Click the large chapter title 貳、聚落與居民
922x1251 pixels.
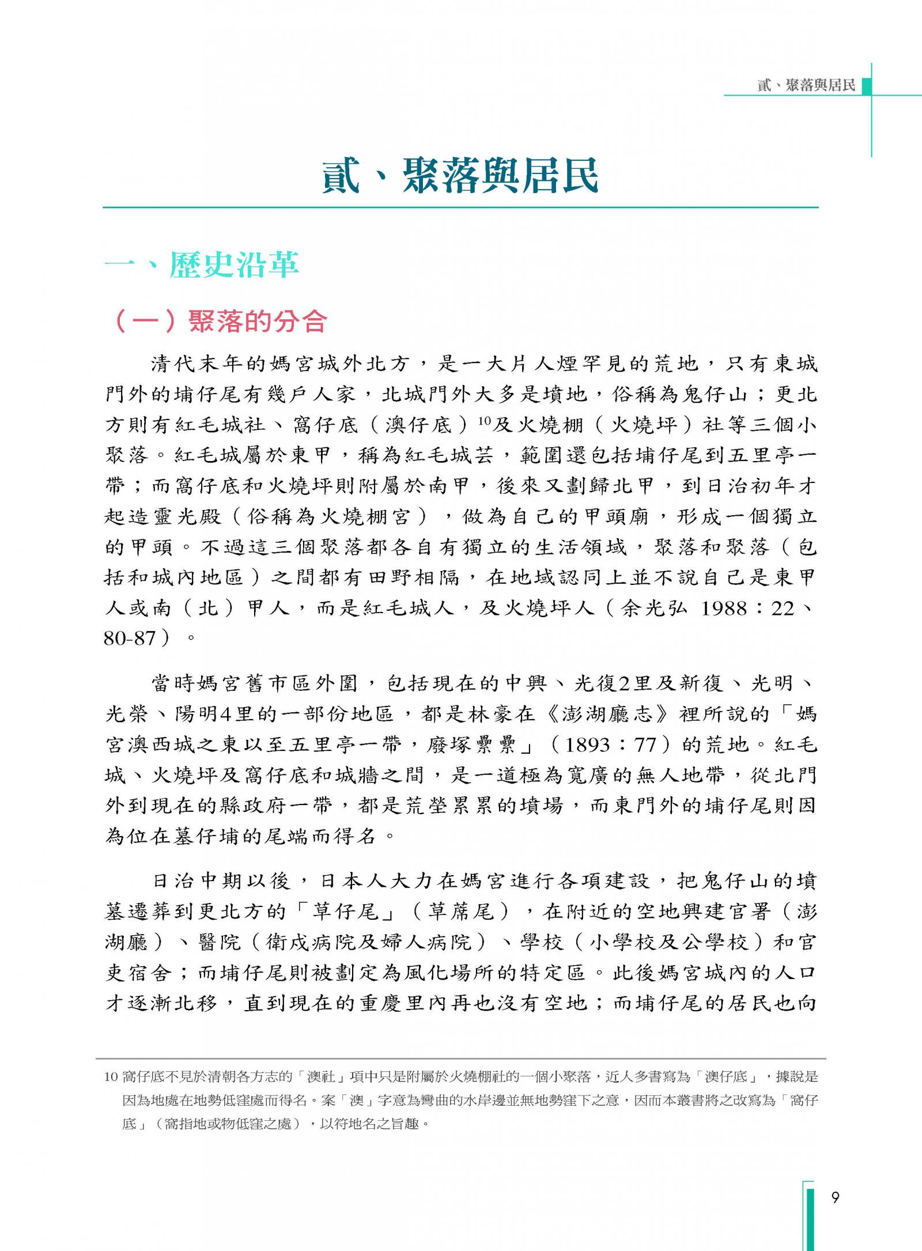(460, 175)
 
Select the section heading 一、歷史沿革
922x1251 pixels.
(202, 265)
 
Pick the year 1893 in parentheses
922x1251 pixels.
(587, 745)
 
